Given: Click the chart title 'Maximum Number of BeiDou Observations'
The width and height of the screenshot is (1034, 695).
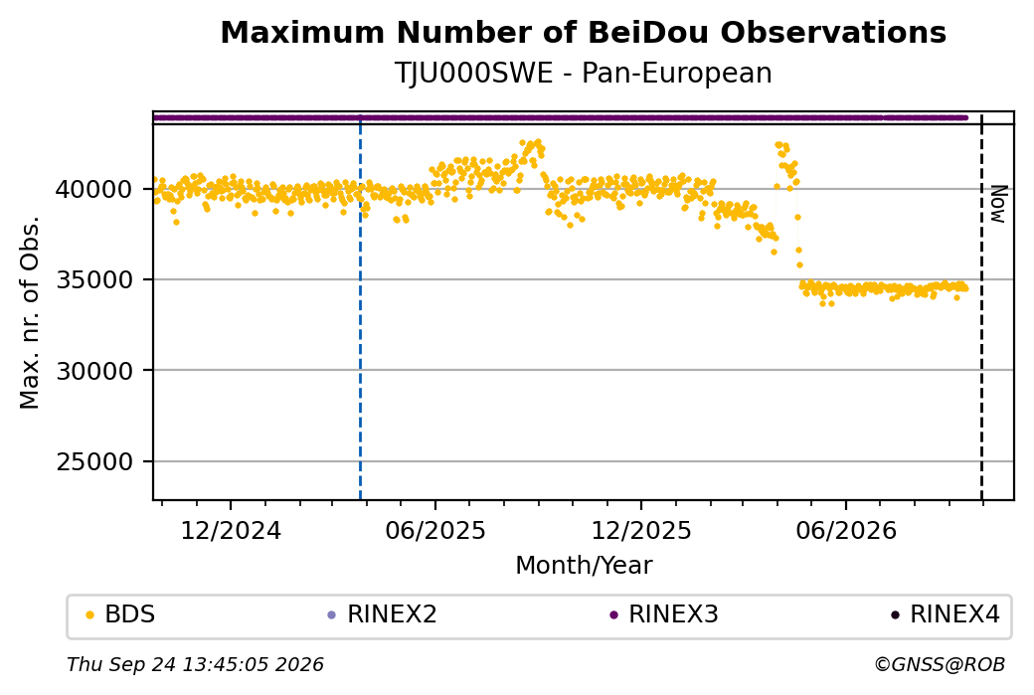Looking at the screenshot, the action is point(583,32).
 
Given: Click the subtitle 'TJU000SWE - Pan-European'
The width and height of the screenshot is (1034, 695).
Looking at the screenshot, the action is point(583,74).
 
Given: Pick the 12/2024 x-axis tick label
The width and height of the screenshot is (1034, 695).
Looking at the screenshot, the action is point(230,530).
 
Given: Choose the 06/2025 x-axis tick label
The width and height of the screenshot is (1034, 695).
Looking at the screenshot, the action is point(435,530).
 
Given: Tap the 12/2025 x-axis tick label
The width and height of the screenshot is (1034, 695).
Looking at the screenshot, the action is point(641,530).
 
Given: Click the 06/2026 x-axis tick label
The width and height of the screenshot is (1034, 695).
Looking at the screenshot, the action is point(846,530).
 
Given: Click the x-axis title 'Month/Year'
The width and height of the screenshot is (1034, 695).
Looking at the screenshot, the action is point(584,565).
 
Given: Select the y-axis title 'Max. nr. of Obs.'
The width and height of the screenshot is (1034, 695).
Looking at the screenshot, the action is point(30,312).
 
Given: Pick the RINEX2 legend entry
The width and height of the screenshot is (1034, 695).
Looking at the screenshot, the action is point(383,614).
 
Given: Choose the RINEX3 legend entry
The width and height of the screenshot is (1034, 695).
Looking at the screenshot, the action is point(663,614).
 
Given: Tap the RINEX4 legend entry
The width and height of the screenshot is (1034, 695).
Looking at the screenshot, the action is point(945,614).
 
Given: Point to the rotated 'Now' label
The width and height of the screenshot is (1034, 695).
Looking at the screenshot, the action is point(998,204).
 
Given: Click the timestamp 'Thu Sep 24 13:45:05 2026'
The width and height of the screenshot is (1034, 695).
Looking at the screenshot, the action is point(195,664).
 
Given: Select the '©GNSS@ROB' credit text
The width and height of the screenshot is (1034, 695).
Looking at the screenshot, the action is point(940,664).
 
